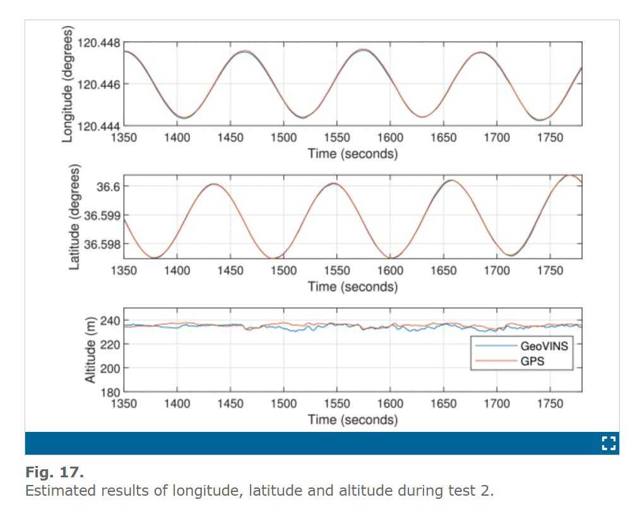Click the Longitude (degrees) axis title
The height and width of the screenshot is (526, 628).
click(68, 84)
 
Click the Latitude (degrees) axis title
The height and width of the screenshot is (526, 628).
click(74, 217)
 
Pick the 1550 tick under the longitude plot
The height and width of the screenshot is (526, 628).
click(337, 137)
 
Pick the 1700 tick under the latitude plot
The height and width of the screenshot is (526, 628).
click(497, 270)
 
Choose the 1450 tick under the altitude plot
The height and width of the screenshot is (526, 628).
click(230, 403)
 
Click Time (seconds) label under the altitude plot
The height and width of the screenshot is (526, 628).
click(352, 419)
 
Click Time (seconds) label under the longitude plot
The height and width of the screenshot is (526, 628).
click(352, 153)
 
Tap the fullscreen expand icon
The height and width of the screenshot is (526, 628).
click(608, 443)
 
